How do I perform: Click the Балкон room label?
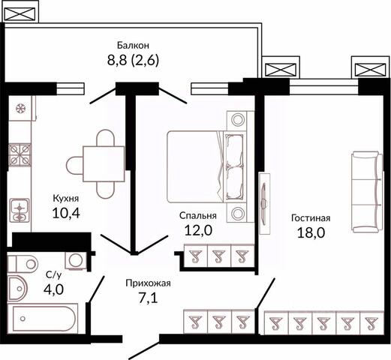coord(133,45)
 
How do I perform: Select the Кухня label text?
coord(66,199)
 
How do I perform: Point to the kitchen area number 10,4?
coord(66,213)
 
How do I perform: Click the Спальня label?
coord(197,215)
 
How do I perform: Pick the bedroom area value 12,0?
coord(198,230)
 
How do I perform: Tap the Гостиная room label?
coord(311,218)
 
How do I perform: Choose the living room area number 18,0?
coord(311,232)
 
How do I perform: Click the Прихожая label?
coord(148,283)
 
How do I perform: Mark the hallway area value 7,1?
coord(148,298)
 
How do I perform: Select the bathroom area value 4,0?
coord(53,289)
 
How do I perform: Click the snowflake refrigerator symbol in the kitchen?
coord(21,109)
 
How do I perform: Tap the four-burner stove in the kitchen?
coord(20,155)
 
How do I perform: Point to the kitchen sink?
coord(20,210)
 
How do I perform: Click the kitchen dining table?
coord(104,163)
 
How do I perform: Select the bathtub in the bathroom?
coord(43,319)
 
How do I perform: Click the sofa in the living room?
coord(367,192)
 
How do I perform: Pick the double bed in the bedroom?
coord(205,166)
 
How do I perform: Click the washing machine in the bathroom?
coord(76,261)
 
